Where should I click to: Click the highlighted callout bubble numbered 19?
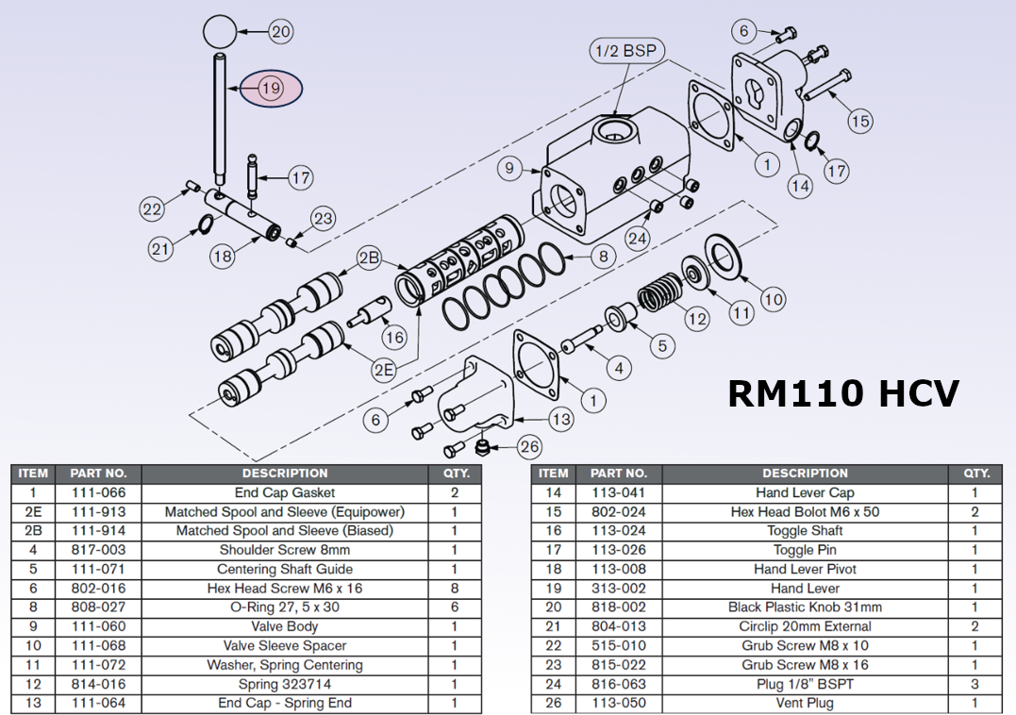[271, 89]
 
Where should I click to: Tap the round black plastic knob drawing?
[219, 32]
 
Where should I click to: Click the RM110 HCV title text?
[843, 392]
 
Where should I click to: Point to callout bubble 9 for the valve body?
[509, 169]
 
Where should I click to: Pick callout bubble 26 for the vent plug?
[529, 446]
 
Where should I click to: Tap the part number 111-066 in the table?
[98, 492]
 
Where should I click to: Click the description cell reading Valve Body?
[284, 626]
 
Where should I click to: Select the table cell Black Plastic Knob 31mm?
[805, 607]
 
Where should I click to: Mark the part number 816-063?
[618, 684]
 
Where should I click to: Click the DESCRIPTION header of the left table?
[284, 474]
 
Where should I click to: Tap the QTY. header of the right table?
[975, 474]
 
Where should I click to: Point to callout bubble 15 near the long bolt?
[859, 121]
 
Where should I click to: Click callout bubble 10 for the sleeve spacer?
[773, 300]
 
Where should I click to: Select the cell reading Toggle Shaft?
[805, 531]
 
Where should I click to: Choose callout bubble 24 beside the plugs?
[638, 239]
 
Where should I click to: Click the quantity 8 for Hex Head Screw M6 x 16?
[454, 589]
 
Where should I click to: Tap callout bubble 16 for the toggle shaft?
[394, 337]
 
